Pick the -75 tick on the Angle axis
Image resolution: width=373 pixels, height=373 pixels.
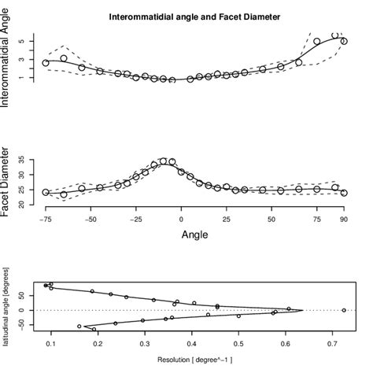(x=46, y=220)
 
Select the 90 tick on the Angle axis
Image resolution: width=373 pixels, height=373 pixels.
(x=344, y=220)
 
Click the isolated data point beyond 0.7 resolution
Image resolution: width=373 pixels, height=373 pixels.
(x=343, y=310)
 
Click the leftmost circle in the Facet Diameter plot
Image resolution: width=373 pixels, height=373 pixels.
(x=46, y=192)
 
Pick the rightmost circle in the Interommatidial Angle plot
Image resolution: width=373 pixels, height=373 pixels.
(x=344, y=42)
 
